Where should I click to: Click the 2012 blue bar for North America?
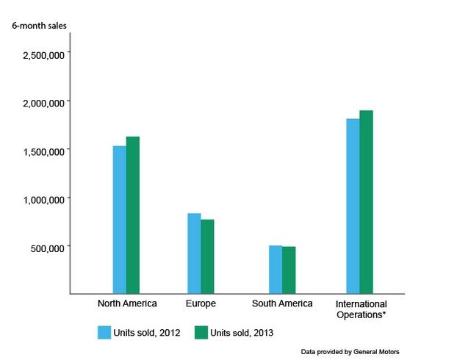coord(119,220)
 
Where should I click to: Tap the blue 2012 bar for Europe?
coord(194,253)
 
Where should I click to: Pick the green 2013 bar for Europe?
coord(207,256)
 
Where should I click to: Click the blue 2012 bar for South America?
coord(276,270)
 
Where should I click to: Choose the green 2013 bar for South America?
coord(289,270)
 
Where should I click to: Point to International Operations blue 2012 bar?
coord(353,206)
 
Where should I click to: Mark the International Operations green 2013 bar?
coord(367,202)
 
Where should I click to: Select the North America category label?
coord(127,303)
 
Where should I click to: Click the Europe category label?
coord(201,303)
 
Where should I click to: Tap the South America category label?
coord(282,303)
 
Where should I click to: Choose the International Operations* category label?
coord(361,309)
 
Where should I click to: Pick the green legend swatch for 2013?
coord(201,332)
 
